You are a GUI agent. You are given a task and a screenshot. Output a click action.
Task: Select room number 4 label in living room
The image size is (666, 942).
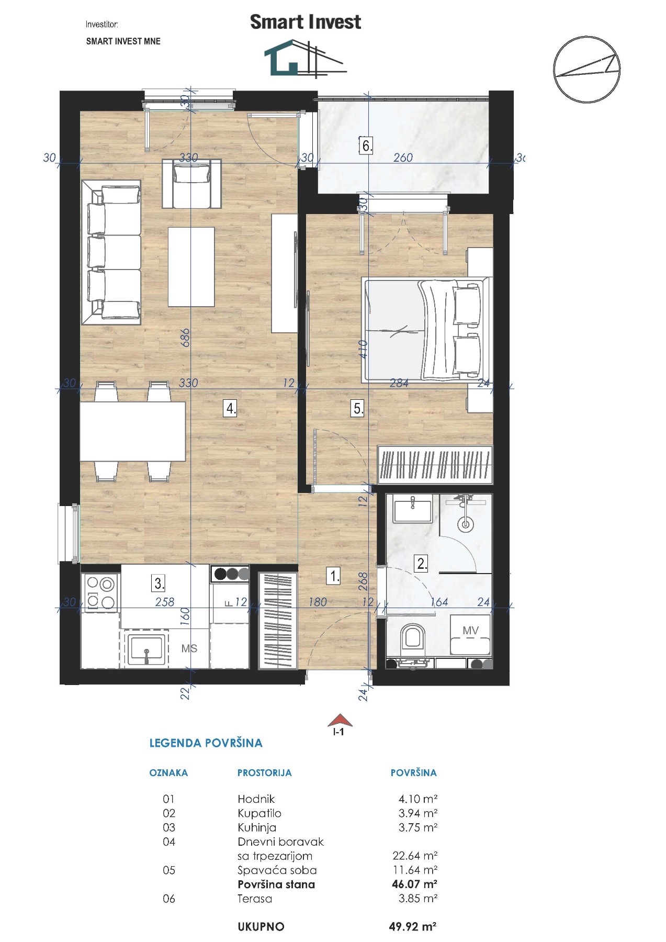coord(231,408)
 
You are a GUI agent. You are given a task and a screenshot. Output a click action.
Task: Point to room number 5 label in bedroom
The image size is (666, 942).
coord(358,408)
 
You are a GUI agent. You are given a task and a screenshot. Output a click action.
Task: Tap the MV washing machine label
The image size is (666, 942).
coord(470,631)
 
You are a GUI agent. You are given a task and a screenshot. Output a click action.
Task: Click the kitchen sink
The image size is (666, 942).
coord(146,649)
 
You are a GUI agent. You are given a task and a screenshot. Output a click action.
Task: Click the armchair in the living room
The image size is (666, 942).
coord(191,183)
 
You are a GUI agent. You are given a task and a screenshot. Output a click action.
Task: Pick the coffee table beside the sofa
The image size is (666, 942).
coord(191,266)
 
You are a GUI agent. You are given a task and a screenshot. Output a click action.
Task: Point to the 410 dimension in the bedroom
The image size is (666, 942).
coord(363,349)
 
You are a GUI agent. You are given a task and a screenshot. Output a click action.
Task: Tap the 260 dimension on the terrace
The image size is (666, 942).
coord(403,158)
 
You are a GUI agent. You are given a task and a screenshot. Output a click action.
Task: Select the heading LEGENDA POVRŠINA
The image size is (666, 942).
coord(206,743)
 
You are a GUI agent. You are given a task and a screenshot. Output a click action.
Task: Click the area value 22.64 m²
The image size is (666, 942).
coord(415,856)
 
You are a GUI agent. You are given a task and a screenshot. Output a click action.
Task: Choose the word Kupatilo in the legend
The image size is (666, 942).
coord(259,813)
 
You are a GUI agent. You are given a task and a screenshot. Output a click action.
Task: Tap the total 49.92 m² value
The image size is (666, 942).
coord(413,926)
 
